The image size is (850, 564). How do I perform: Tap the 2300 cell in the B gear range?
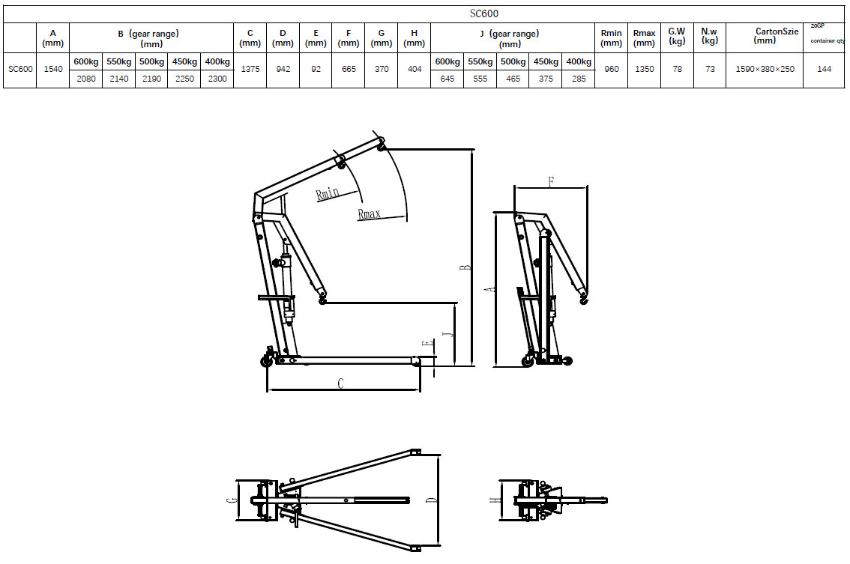pyautogui.click(x=217, y=79)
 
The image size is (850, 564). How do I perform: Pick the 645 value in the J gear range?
pyautogui.click(x=447, y=79)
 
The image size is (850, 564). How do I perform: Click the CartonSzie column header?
pyautogui.click(x=764, y=36)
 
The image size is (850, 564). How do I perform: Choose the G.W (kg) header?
pyautogui.click(x=677, y=36)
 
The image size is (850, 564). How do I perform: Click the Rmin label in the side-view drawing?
pyautogui.click(x=328, y=193)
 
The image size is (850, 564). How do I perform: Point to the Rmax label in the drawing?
pyautogui.click(x=369, y=214)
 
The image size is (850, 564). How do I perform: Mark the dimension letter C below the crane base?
pyautogui.click(x=340, y=383)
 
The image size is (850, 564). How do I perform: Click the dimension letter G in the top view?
pyautogui.click(x=232, y=500)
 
